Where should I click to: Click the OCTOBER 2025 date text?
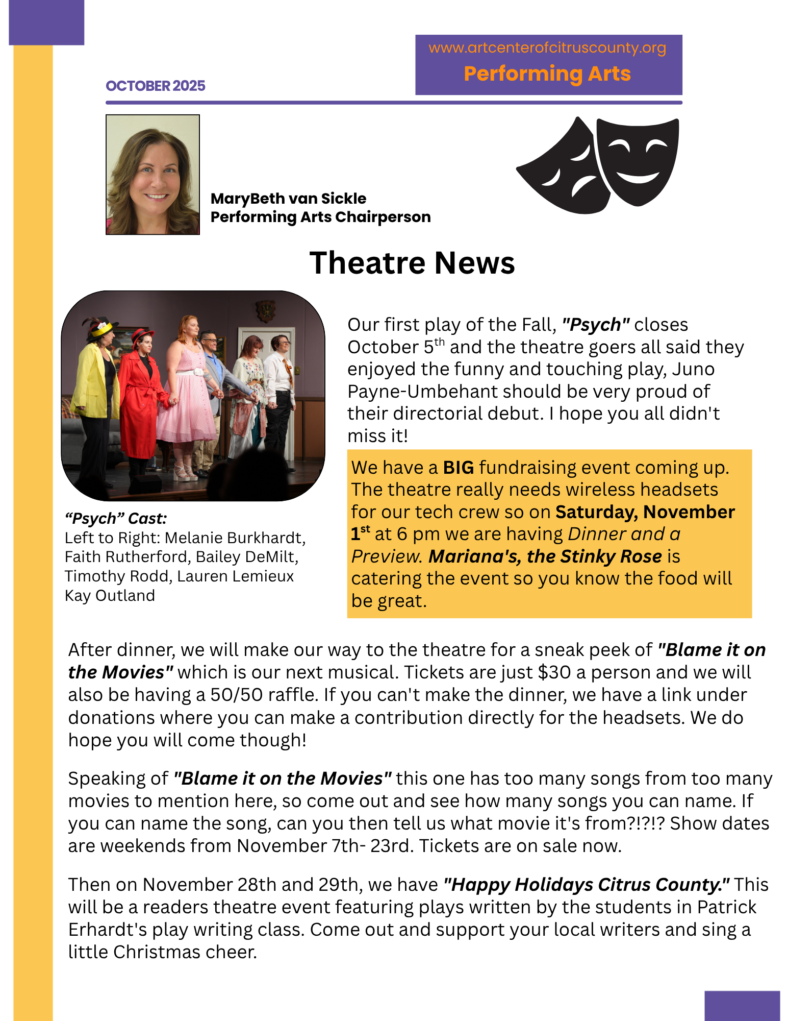coord(155,86)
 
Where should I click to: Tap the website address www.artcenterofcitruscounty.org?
coord(547,47)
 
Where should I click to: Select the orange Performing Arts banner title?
coord(547,74)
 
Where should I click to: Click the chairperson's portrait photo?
coord(152,175)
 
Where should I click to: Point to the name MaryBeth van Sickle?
coord(288,198)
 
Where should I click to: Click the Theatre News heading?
coord(412,263)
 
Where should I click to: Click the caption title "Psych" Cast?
coord(116,518)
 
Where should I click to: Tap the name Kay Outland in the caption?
coord(110,595)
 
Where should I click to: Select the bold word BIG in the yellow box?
coord(459,467)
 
